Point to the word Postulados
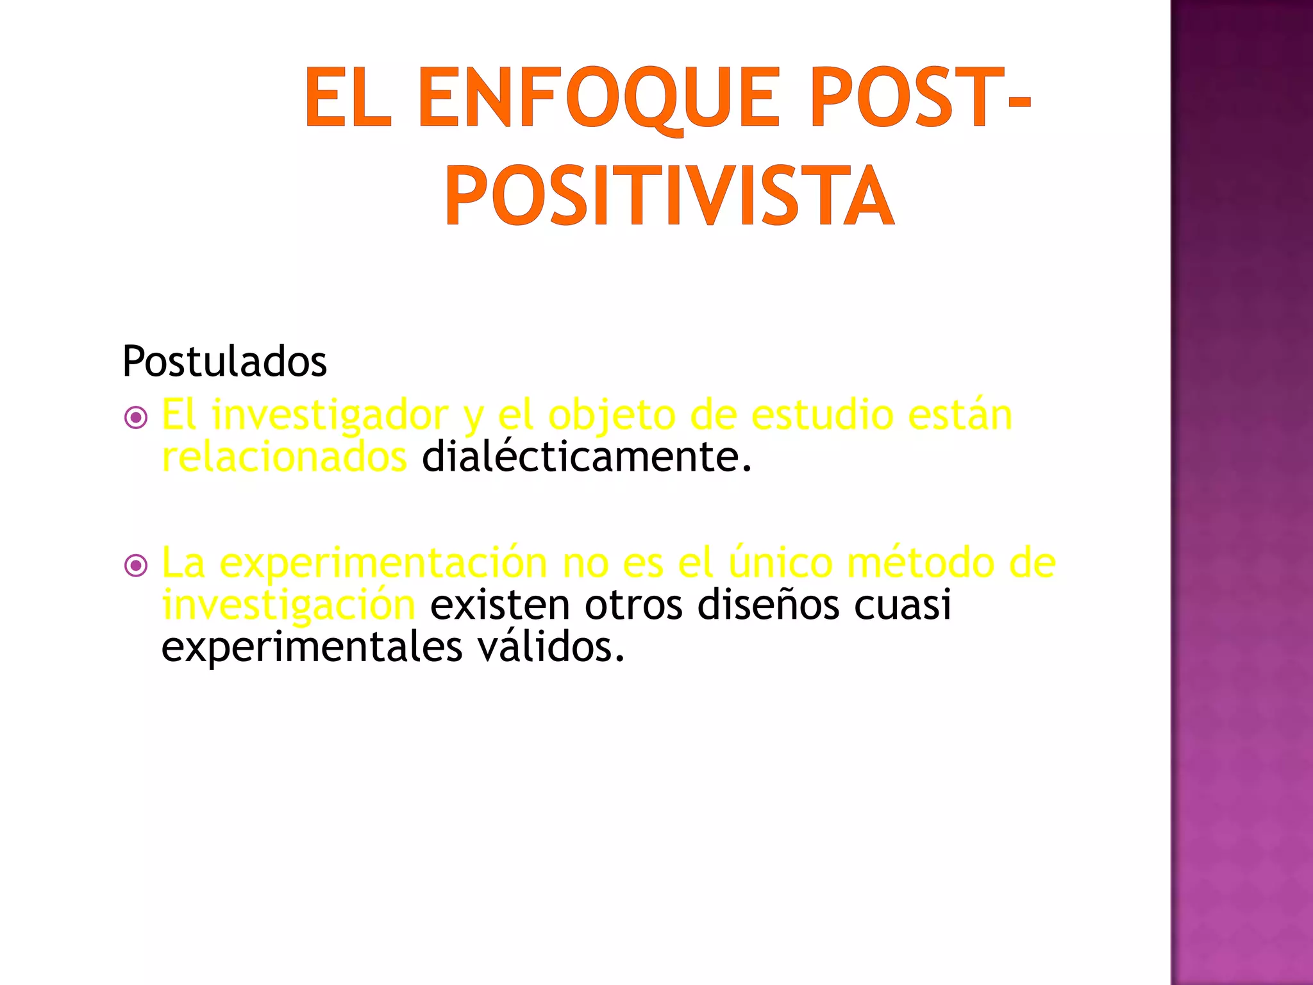click(224, 362)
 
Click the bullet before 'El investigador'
click(136, 418)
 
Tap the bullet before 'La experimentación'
click(136, 566)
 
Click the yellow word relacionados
click(284, 457)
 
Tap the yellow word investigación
click(289, 606)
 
